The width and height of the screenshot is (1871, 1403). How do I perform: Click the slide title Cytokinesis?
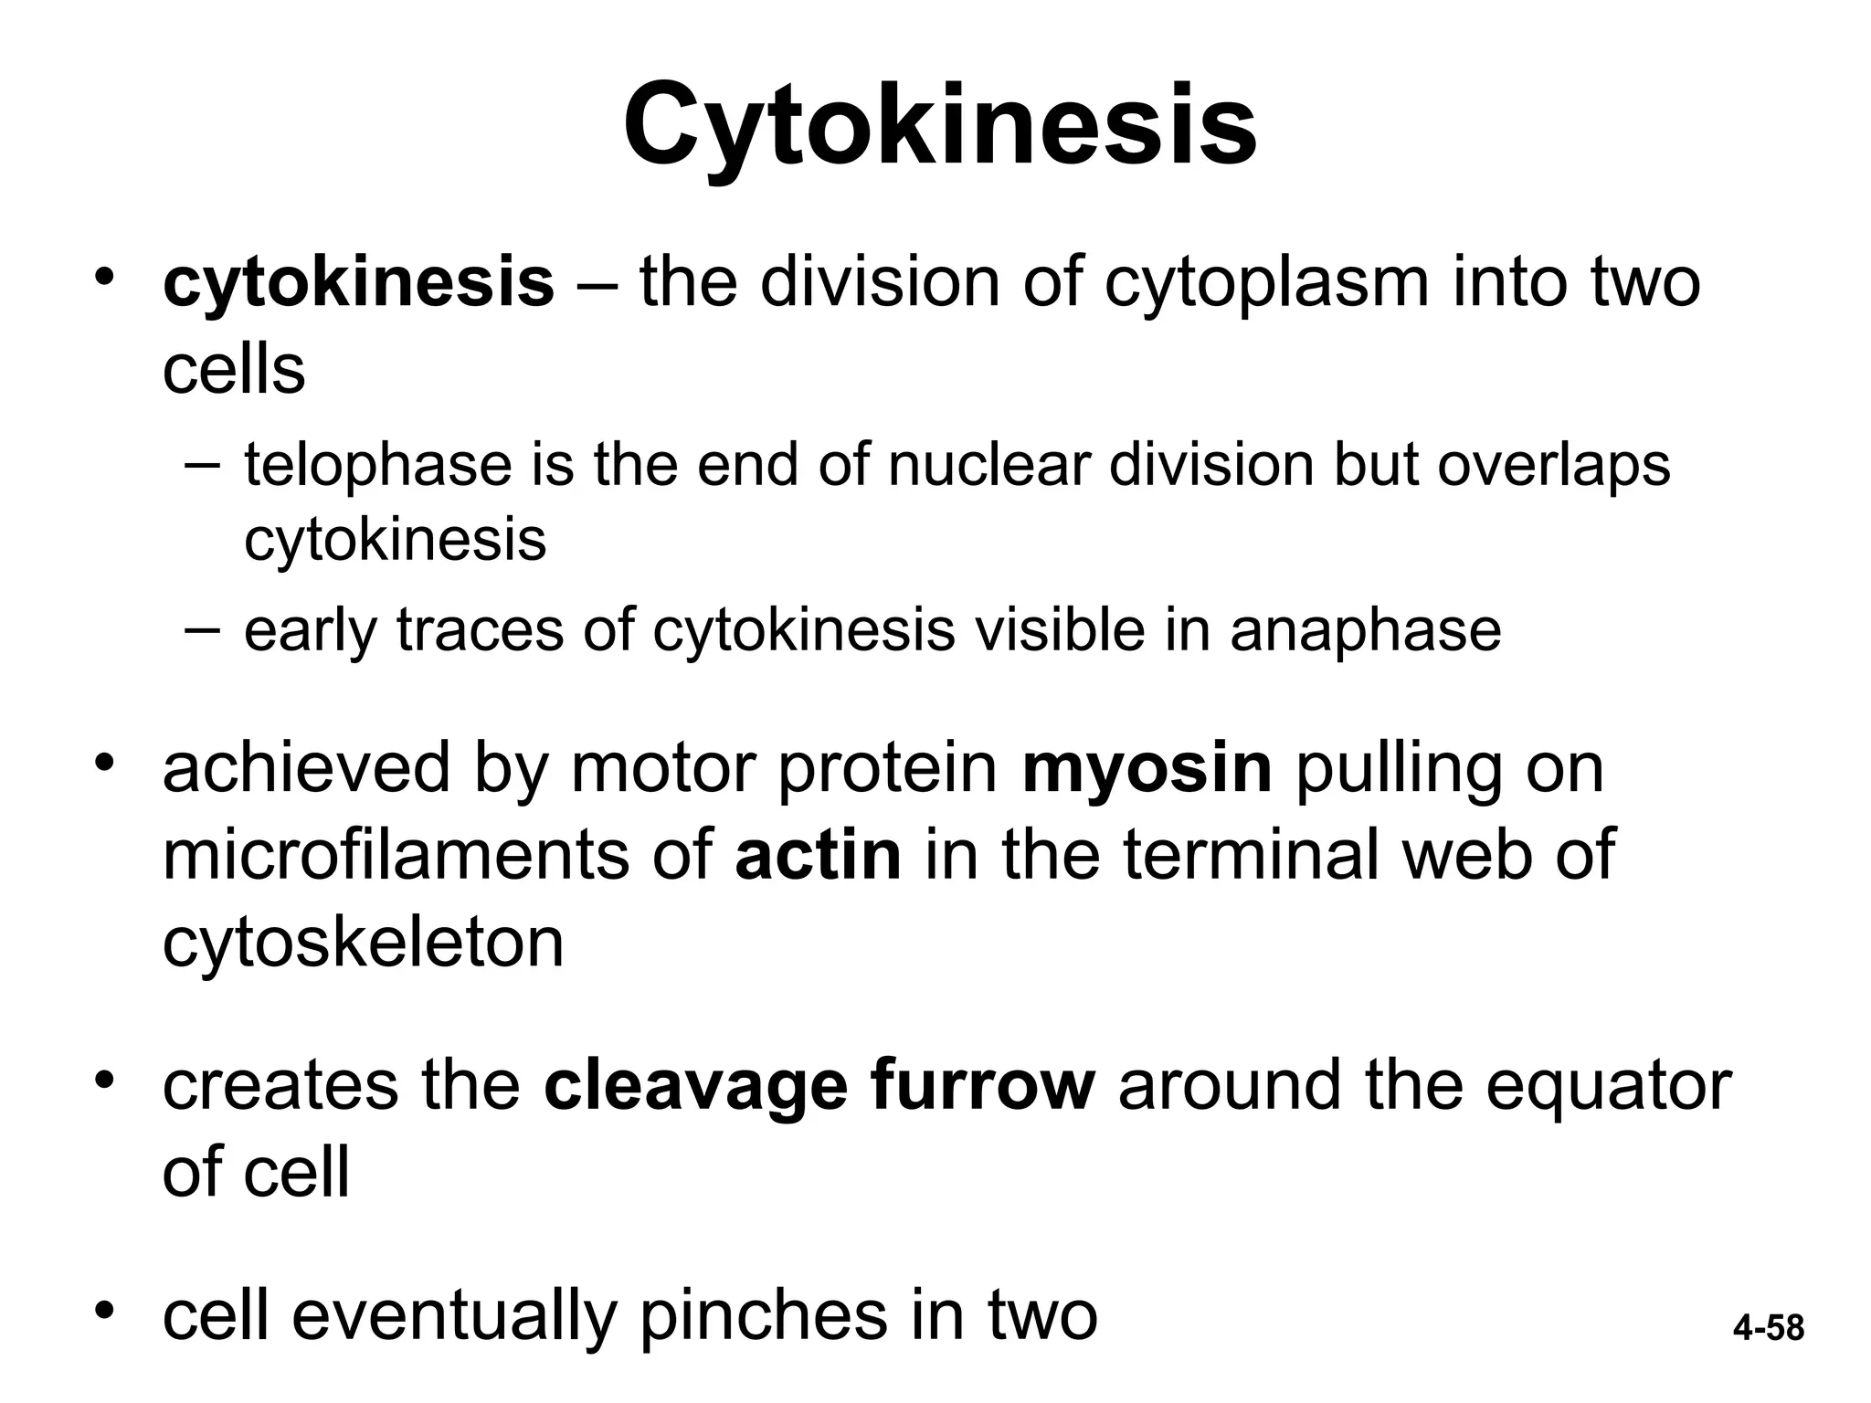click(940, 126)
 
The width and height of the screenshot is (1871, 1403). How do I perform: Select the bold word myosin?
click(1147, 768)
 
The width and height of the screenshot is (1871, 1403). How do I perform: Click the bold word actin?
click(818, 855)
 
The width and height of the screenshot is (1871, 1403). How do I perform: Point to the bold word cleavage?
click(695, 1086)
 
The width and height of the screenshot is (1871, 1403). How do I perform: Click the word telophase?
click(378, 465)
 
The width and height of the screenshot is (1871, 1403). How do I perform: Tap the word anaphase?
click(1365, 629)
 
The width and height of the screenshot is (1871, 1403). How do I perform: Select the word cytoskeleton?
click(363, 943)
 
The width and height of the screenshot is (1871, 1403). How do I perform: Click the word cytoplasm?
click(1266, 282)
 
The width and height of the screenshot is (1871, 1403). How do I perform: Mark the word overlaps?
click(1553, 465)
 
